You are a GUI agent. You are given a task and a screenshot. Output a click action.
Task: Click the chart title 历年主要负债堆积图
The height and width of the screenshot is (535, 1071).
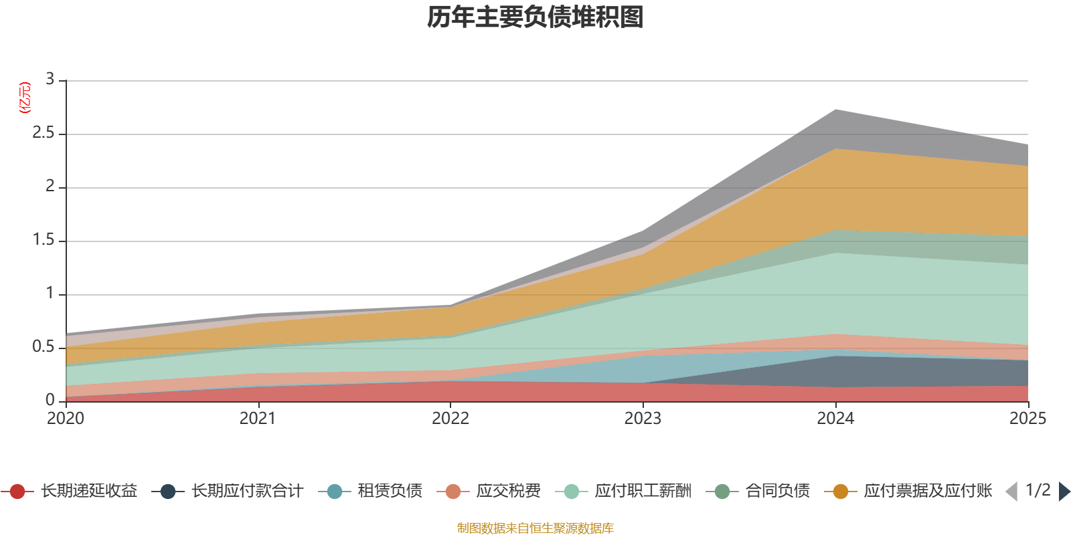pos(535,17)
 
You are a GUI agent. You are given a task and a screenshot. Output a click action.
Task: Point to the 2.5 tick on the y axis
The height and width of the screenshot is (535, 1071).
pos(44,133)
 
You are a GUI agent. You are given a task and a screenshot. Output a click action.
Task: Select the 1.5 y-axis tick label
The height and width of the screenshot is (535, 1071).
pos(44,239)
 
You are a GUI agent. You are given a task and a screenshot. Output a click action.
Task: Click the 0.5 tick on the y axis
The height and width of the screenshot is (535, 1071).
pos(44,346)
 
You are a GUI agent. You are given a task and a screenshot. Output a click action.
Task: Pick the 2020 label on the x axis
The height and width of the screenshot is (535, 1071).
pos(66,419)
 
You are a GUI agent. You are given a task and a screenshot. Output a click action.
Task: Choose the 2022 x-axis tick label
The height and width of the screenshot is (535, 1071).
pos(450,419)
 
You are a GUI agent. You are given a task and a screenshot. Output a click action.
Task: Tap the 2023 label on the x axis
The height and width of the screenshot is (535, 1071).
pos(643,419)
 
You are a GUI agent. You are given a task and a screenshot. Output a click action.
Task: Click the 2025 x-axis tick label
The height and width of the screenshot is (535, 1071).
pos(1027,419)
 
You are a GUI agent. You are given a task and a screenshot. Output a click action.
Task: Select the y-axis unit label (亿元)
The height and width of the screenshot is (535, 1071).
pos(25,98)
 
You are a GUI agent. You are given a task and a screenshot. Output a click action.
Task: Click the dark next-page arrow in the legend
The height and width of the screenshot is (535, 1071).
pos(1064,492)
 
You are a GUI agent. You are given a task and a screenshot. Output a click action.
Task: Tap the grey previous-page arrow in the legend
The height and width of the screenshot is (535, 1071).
pos(1011,492)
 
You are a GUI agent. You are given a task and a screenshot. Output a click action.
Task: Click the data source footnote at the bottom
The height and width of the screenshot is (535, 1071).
pos(535,528)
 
